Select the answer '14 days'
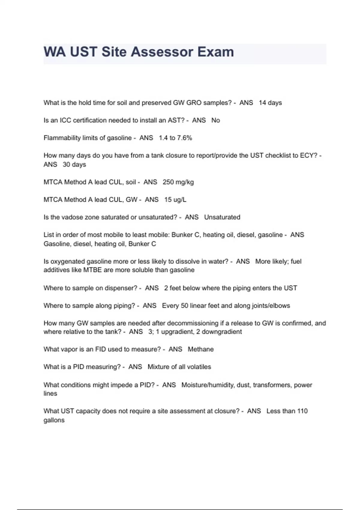click(270, 103)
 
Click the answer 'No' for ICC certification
click(216, 120)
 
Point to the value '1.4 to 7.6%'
click(175, 138)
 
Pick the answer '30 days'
click(74, 164)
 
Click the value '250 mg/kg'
click(178, 182)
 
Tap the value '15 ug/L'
click(175, 200)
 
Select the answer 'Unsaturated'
click(222, 217)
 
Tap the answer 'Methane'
click(201, 349)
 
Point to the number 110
click(302, 411)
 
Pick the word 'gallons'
click(54, 420)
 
